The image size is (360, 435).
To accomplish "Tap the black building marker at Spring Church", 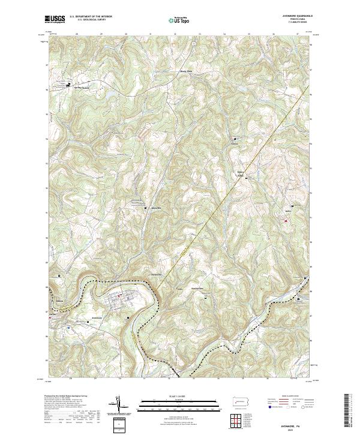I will [68, 83].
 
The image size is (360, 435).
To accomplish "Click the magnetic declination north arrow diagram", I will [119, 406].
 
